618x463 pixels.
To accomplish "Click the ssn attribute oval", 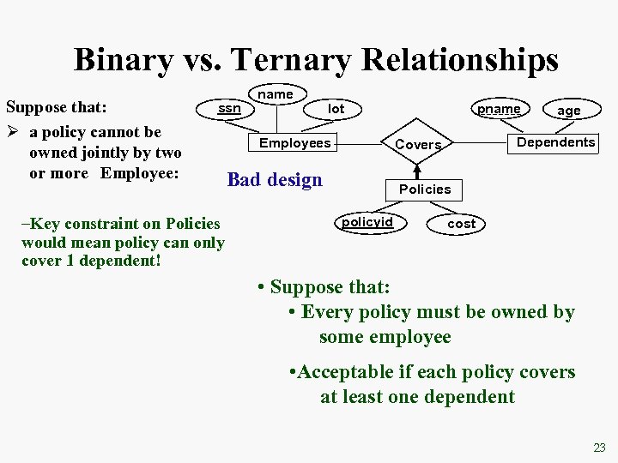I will coord(229,109).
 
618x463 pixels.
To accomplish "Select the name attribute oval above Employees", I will coord(276,93).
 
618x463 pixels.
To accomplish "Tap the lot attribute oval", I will coord(336,109).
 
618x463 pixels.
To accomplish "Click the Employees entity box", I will coord(294,143).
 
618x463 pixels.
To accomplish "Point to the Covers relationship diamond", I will coord(418,145).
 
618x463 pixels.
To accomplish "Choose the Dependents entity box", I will coord(555,142).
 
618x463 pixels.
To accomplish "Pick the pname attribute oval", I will coord(499,109).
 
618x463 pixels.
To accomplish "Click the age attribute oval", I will coord(568,111).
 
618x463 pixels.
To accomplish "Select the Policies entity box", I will coord(424,189).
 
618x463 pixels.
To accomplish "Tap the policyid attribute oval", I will coord(367,223).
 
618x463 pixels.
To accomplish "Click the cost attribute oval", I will coord(461,224).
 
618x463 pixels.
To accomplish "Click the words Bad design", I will coord(275,180).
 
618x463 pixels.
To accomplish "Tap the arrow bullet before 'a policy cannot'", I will coord(12,132).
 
